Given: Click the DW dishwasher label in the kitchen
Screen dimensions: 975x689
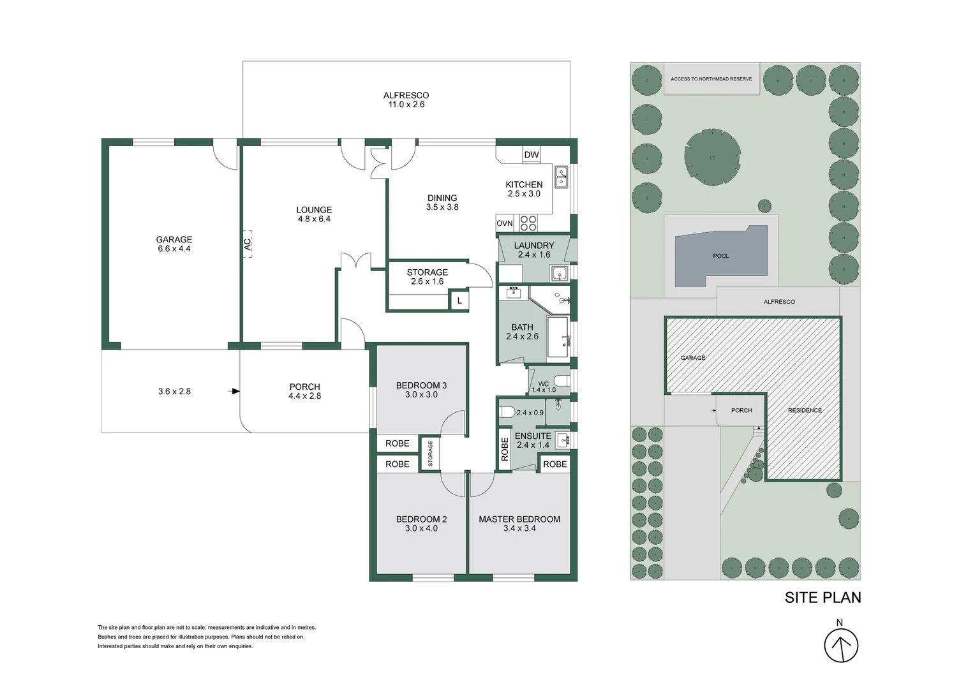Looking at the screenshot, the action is [532, 154].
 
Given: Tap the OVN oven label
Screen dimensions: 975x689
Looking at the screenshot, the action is [505, 223].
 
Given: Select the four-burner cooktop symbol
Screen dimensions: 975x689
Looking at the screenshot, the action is [528, 223].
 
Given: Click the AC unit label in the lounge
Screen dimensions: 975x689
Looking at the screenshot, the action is [247, 244].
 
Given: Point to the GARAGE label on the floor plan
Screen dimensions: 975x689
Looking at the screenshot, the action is [174, 239].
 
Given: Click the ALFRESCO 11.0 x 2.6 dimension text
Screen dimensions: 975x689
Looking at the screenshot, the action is [406, 105].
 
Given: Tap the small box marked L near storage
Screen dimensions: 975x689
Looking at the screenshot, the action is [459, 300].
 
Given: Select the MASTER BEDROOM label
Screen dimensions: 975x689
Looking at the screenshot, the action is [519, 519].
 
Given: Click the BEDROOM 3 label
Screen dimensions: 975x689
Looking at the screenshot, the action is [421, 385].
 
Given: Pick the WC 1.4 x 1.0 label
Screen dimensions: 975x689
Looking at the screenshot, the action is [544, 387].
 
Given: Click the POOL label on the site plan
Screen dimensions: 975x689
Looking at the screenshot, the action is [721, 256].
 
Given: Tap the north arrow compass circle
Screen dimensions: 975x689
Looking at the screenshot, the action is [841, 646].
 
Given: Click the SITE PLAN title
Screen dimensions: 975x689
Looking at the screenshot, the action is [822, 598].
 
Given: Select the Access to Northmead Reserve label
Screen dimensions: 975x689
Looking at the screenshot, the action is [711, 79].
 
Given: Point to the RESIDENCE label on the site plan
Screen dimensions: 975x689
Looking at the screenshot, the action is [805, 410].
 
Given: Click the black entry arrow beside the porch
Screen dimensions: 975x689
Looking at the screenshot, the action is [234, 391].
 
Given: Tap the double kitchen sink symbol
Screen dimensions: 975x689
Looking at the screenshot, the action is [561, 177].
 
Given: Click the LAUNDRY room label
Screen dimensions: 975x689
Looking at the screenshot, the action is [533, 246].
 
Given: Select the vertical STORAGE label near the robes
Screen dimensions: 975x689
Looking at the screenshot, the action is [430, 454].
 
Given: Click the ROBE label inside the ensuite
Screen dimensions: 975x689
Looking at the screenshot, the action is [505, 449].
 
